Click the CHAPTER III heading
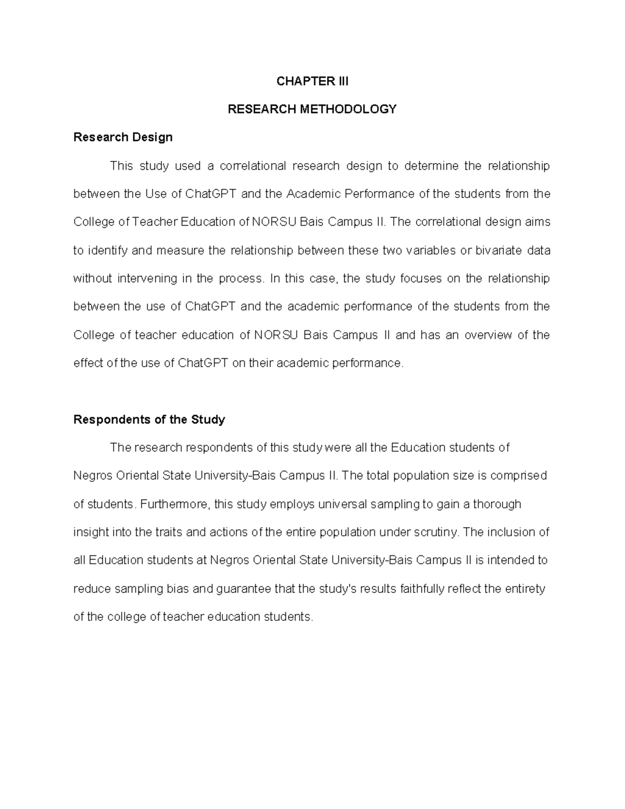(x=312, y=81)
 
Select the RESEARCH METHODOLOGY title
(x=312, y=109)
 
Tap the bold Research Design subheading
(x=123, y=138)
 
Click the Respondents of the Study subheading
(x=149, y=420)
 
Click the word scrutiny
(x=435, y=532)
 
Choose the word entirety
(x=523, y=589)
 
